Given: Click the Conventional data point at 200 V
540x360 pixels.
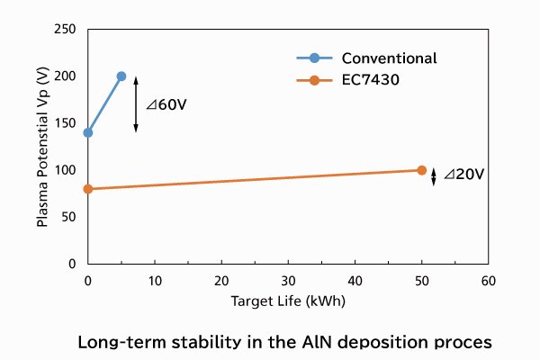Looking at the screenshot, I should (121, 76).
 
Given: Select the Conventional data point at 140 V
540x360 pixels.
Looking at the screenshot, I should (87, 132).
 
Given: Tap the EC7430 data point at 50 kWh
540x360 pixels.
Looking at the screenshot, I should (421, 170).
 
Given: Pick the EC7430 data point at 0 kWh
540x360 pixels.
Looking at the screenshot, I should (87, 189).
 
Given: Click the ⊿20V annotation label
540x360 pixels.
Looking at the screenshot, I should (463, 175).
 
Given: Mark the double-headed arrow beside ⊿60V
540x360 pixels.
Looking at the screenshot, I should (136, 104).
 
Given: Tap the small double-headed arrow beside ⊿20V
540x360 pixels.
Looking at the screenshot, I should (434, 176).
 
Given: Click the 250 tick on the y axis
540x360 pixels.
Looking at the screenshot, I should (64, 30).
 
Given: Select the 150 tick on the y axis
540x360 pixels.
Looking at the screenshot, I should (64, 123).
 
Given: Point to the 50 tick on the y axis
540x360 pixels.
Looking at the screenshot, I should (68, 217).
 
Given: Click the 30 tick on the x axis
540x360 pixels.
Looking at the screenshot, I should (288, 280).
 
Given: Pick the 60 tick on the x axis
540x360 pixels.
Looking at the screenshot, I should (488, 280).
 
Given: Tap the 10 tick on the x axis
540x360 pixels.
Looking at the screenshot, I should (155, 280).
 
